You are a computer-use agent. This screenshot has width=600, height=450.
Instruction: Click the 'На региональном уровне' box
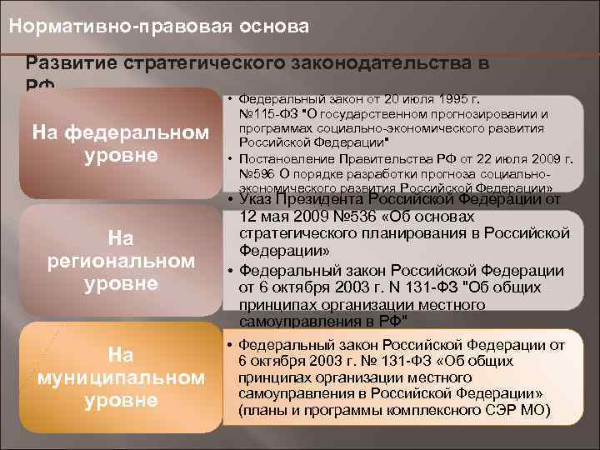click(x=122, y=261)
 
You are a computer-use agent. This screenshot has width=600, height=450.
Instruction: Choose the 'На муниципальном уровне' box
click(x=122, y=377)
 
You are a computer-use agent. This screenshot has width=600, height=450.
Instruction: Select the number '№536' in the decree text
click(x=315, y=215)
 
